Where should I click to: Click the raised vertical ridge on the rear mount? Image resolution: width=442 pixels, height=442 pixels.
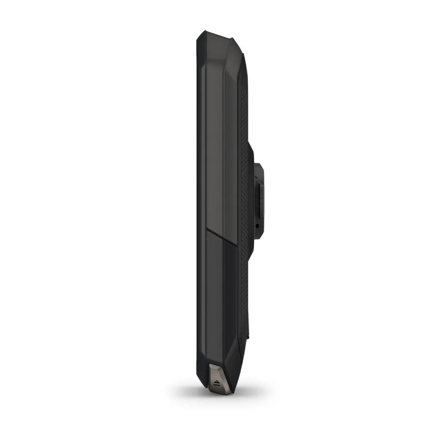click(261, 201)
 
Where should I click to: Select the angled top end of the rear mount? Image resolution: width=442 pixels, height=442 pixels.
click(259, 167)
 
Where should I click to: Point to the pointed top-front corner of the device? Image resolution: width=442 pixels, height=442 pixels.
click(202, 34)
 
